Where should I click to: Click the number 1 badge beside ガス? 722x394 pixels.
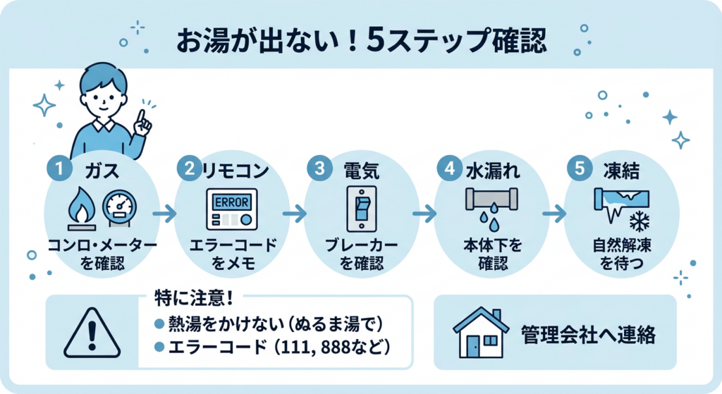click(x=59, y=170)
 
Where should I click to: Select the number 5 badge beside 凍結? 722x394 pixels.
click(x=580, y=170)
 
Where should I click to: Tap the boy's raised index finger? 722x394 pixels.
click(x=142, y=116)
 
